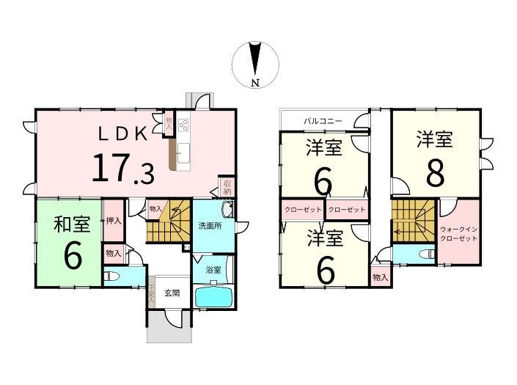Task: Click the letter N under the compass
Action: click(255, 83)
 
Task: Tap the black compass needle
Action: click(255, 59)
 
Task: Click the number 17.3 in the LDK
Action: click(122, 169)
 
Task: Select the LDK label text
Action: click(122, 134)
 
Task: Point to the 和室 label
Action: click(72, 224)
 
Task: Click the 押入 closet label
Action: click(114, 221)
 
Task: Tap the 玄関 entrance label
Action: click(172, 293)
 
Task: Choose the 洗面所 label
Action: click(210, 226)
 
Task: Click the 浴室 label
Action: click(213, 270)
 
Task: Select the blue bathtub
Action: click(214, 298)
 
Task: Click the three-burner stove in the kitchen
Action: click(183, 125)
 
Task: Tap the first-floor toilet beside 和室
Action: click(109, 276)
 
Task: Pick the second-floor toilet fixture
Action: click(427, 254)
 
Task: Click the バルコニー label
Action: click(323, 121)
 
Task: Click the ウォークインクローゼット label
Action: click(458, 234)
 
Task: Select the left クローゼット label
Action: click(303, 210)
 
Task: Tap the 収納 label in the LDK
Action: click(227, 187)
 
